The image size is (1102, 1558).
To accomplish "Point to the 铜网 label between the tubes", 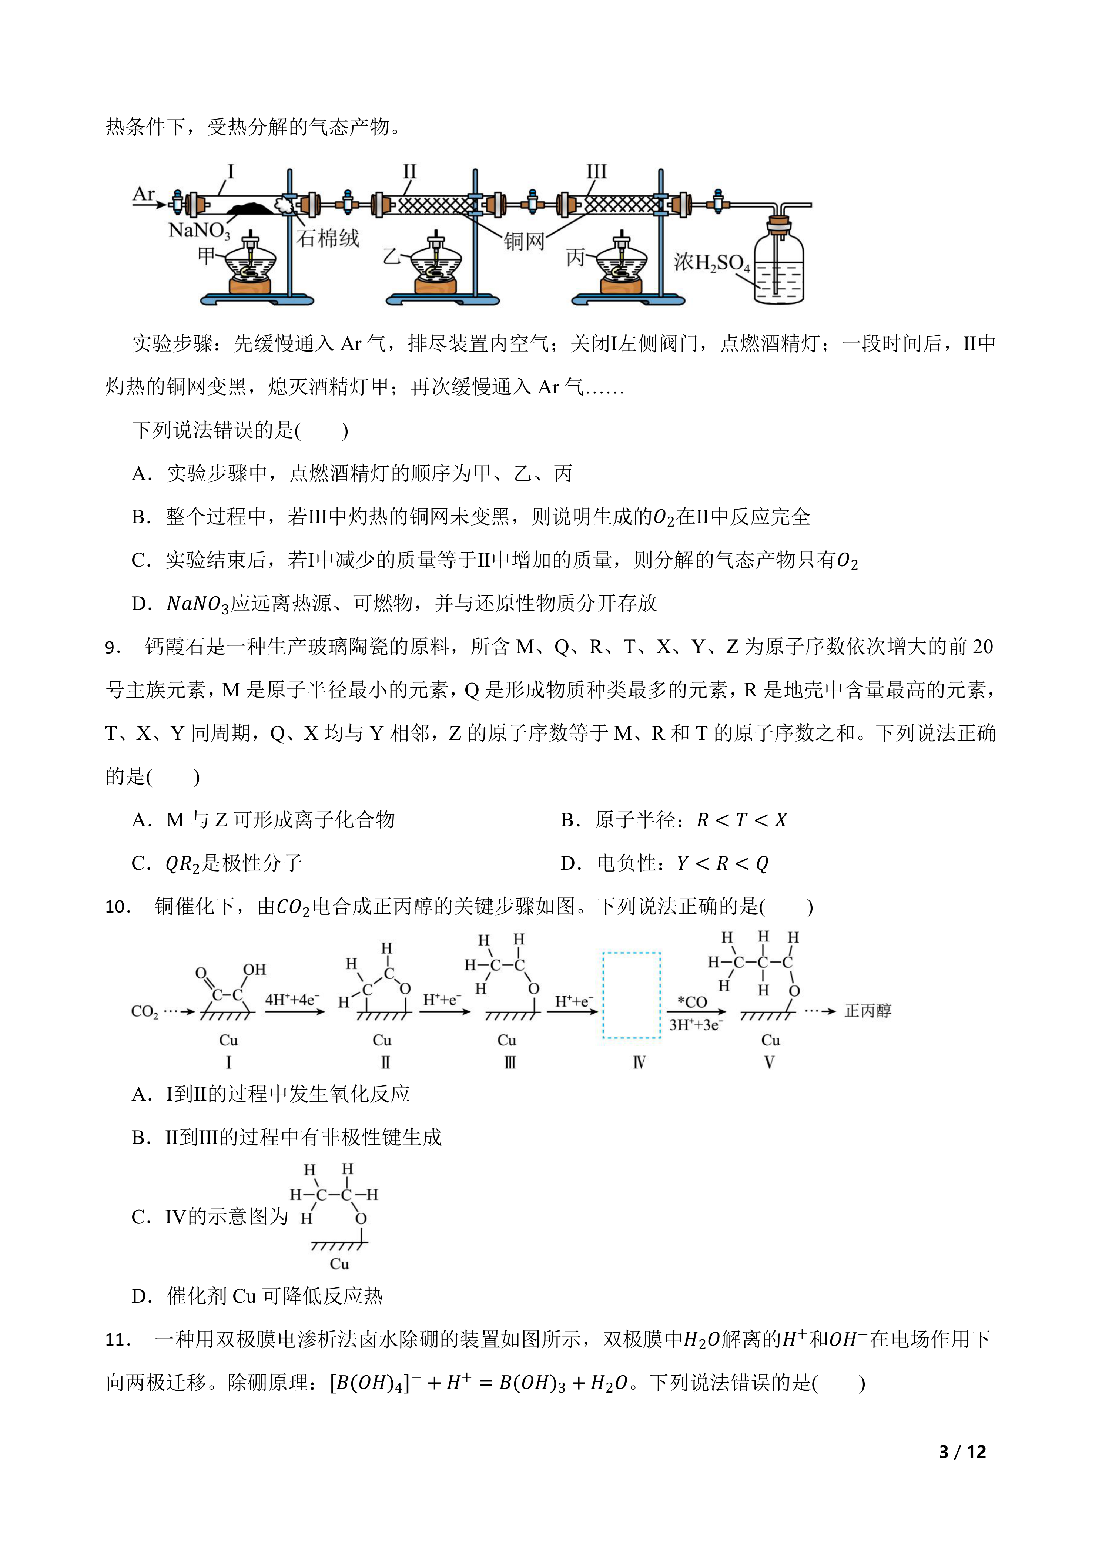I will click(x=524, y=241).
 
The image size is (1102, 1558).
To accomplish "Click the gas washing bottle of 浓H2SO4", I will click(x=779, y=261).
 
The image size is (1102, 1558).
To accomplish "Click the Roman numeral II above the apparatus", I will click(x=409, y=171).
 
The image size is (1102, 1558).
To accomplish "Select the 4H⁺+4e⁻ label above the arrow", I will click(x=292, y=1000).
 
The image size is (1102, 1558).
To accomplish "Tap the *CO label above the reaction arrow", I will click(x=692, y=1001).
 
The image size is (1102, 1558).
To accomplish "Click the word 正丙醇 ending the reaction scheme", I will click(x=868, y=1011).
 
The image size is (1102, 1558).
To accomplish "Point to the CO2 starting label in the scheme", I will click(x=144, y=1012).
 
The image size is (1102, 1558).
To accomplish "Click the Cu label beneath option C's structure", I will click(x=339, y=1263).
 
